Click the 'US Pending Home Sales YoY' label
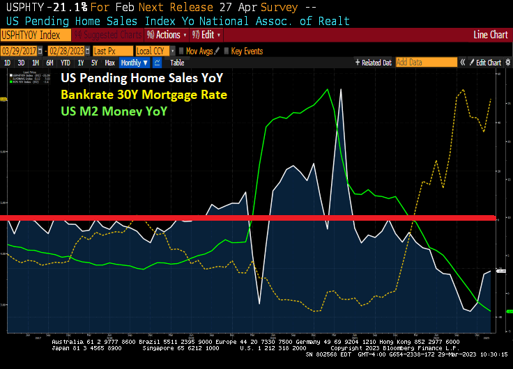tap(152, 77)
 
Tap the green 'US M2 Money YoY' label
tap(114, 110)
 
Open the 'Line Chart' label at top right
tap(491, 35)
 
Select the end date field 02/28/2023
tap(68, 51)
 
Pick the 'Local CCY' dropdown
tap(153, 51)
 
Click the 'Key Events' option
tap(243, 51)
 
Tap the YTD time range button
tap(66, 63)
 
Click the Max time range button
tap(109, 63)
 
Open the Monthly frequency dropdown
tap(135, 63)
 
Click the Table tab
tap(177, 63)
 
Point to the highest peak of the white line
tap(341, 89)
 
